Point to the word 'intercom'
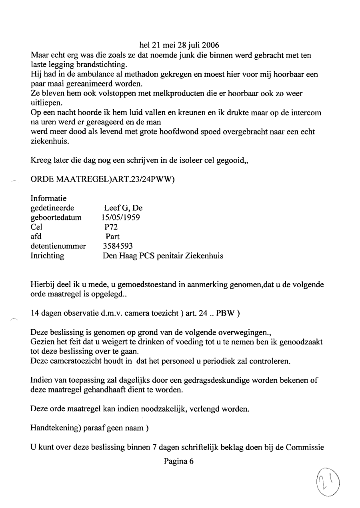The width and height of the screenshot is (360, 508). [306, 113]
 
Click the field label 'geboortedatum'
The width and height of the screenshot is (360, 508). [56, 218]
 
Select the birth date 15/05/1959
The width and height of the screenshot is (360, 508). [121, 218]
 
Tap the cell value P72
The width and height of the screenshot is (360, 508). [112, 227]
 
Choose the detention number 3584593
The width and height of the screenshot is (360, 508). [118, 246]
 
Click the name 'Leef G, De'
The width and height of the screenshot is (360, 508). [123, 208]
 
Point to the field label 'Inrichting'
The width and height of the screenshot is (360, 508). [47, 256]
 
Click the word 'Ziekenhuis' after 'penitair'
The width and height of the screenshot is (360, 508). [204, 256]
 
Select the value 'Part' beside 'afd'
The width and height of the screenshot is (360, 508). [112, 236]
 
